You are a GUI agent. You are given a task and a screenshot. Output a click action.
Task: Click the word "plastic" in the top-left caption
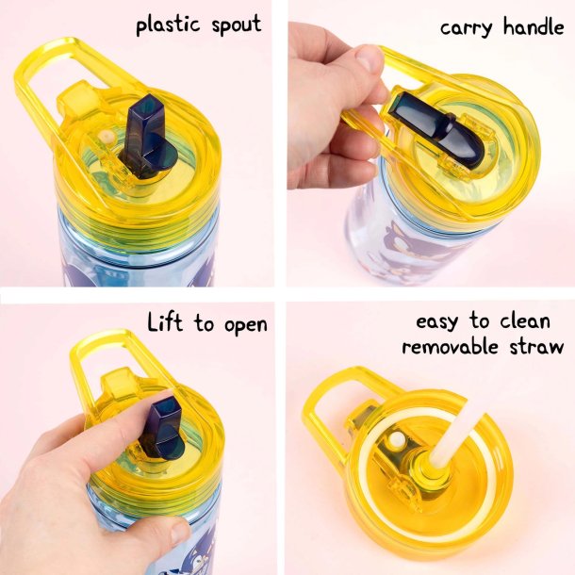point(169,25)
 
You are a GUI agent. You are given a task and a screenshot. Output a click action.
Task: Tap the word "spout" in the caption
point(237,25)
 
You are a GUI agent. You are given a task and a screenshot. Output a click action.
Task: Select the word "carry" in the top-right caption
point(466,28)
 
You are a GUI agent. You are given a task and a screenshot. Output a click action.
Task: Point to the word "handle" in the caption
point(534,26)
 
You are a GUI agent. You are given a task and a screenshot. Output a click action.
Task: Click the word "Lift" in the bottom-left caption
point(165,322)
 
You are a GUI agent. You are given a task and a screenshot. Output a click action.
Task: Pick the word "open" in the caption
point(246,325)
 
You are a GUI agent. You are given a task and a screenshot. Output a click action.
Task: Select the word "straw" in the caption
point(537,347)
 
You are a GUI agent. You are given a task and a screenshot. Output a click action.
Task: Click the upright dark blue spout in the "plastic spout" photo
point(149,138)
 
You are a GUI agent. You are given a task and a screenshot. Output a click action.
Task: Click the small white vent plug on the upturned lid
point(397,439)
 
